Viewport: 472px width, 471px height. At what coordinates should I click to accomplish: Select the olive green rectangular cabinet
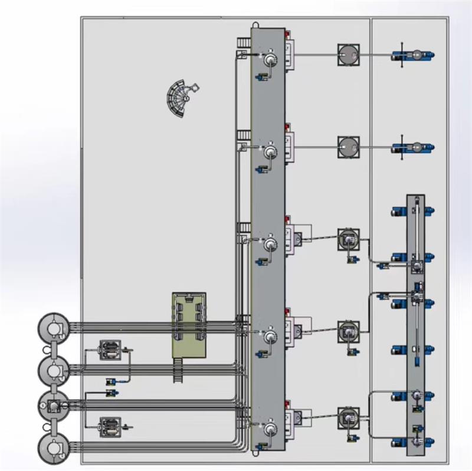point(189,324)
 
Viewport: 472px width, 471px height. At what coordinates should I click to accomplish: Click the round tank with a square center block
point(54,406)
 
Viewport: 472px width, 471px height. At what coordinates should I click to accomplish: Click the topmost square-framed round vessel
point(349,56)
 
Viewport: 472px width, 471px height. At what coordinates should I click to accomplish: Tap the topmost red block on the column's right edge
point(288,43)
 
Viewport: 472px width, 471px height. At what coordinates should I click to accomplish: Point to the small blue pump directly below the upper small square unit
point(110,381)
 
